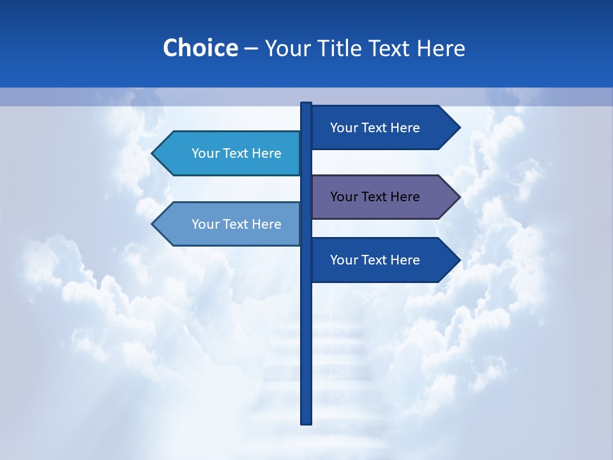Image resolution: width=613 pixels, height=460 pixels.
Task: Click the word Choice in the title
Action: pyautogui.click(x=200, y=49)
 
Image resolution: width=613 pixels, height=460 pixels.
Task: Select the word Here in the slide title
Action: pyautogui.click(x=441, y=49)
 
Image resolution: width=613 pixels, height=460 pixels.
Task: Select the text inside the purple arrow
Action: pyautogui.click(x=375, y=197)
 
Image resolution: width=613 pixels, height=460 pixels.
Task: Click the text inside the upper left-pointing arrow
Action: pyautogui.click(x=236, y=153)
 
